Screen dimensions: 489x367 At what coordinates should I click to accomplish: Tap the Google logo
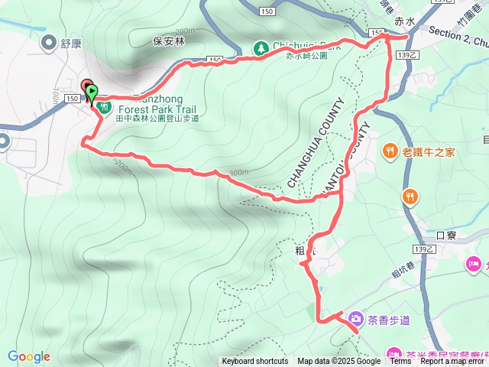pyautogui.click(x=29, y=357)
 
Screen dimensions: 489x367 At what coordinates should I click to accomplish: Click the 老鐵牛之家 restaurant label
pyautogui.click(x=429, y=151)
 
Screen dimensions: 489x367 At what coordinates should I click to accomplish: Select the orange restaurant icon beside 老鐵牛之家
pyautogui.click(x=390, y=151)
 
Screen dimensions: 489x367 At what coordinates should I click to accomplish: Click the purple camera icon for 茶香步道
pyautogui.click(x=355, y=319)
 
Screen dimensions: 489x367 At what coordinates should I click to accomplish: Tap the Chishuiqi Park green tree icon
pyautogui.click(x=261, y=47)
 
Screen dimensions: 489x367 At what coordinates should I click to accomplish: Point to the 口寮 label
pyautogui.click(x=445, y=235)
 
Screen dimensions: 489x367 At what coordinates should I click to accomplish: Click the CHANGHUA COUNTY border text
pyautogui.click(x=316, y=143)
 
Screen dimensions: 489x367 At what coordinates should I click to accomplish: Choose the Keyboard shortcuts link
pyautogui.click(x=255, y=362)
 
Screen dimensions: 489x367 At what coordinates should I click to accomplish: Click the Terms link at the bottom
pyautogui.click(x=400, y=362)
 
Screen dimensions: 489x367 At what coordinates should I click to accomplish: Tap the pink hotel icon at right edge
pyautogui.click(x=473, y=265)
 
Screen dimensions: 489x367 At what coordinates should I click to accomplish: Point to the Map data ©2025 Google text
pyautogui.click(x=339, y=362)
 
